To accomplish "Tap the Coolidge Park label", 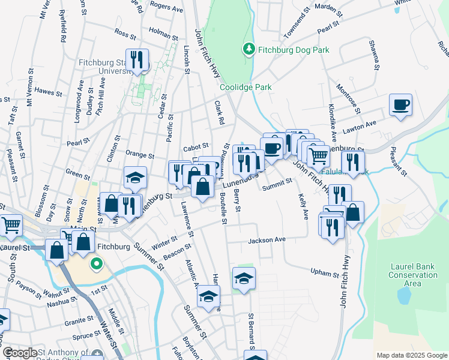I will click(x=246, y=87).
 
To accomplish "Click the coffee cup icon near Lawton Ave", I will click(x=400, y=106).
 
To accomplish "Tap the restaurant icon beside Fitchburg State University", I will click(x=137, y=60).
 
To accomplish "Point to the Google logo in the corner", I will click(x=20, y=352).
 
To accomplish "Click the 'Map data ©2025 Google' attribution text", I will click(x=412, y=355).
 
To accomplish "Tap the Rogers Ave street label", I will click(x=166, y=9).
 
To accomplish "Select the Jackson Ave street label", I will click(x=267, y=240).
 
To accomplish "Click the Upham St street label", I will click(x=325, y=273).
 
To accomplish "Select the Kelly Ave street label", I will click(x=302, y=205).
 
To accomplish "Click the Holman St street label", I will click(x=163, y=37).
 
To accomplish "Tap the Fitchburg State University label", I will click(x=104, y=66).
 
